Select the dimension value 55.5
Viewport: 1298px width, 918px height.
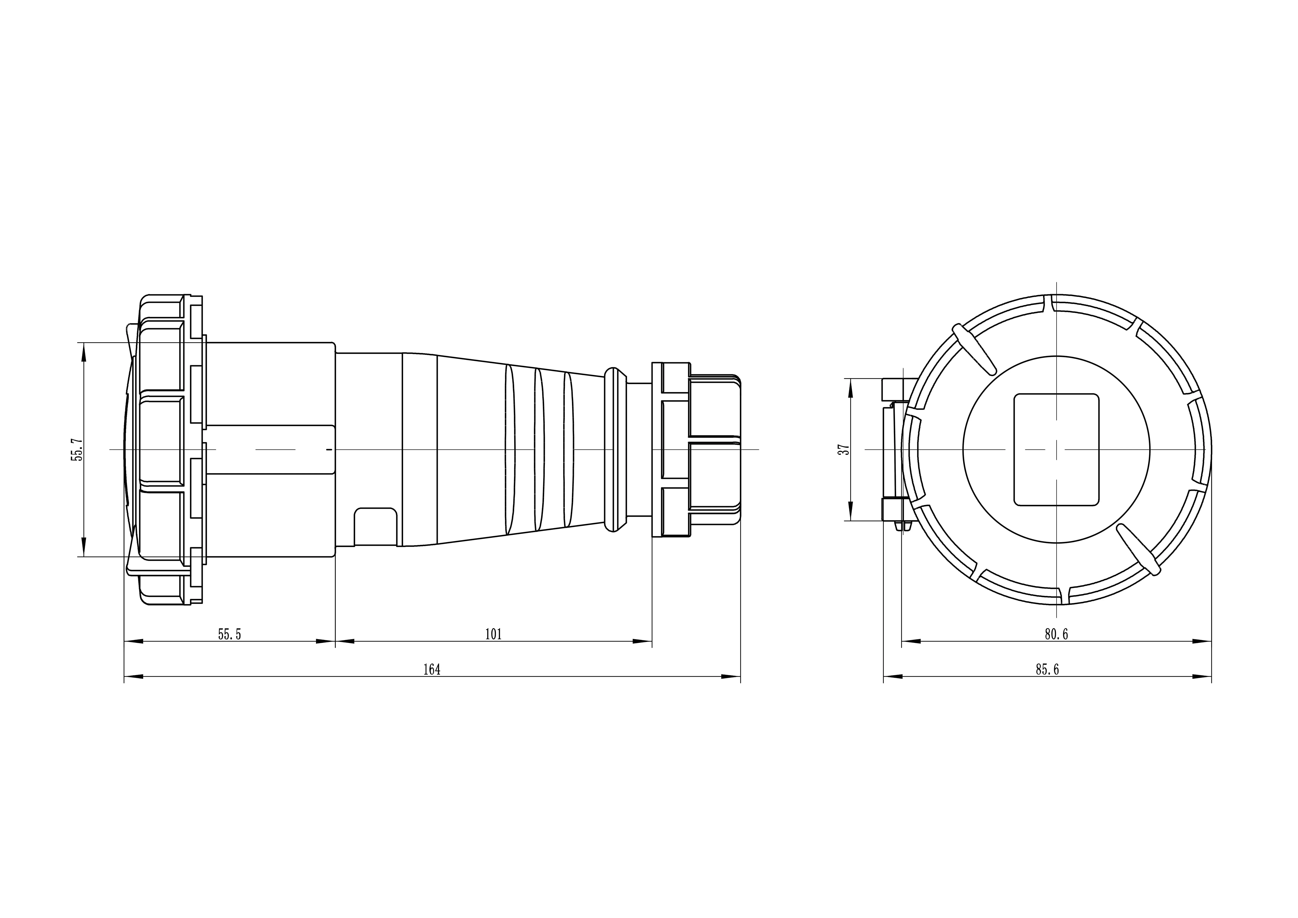click(x=229, y=634)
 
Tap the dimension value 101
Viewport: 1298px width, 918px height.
click(x=494, y=634)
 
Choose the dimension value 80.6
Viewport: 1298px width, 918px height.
click(x=1056, y=634)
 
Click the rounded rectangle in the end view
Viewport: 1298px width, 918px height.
click(x=1056, y=449)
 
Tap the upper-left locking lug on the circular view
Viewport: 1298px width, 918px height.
click(x=974, y=349)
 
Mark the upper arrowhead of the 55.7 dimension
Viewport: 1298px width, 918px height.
click(x=84, y=352)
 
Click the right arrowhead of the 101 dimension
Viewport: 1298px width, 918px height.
click(x=643, y=641)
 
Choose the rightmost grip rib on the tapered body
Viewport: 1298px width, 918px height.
click(x=569, y=449)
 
